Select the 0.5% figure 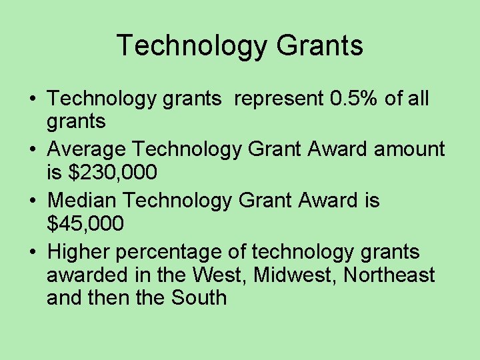(x=355, y=99)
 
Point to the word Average (x=90, y=149)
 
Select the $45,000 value (x=85, y=224)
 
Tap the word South (x=199, y=297)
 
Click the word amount (x=409, y=149)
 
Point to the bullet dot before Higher (x=32, y=253)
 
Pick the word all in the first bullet (x=418, y=99)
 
